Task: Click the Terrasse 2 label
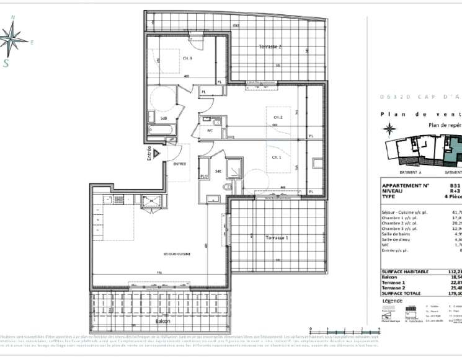coord(270,47)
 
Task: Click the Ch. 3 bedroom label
coord(187,58)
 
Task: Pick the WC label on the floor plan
coord(210,131)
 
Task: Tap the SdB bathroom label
coord(164,118)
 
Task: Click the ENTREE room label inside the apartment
coord(180,164)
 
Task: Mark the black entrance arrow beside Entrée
coord(159,152)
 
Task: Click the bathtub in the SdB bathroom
coord(156,130)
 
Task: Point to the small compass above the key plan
coord(389,129)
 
